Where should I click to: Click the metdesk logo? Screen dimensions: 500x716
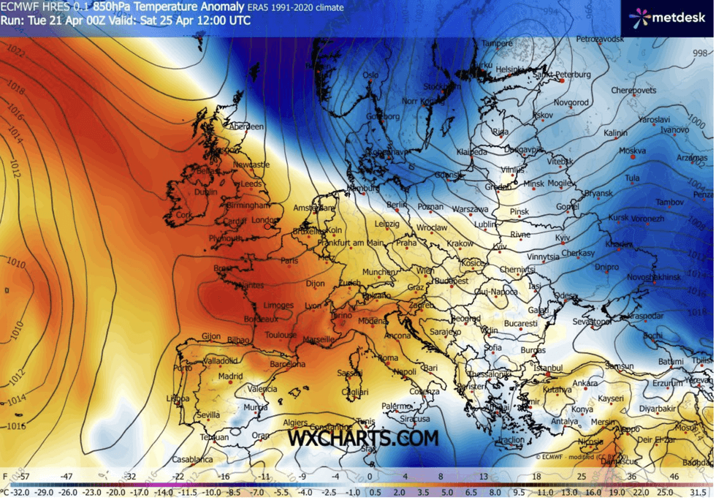tap(666, 17)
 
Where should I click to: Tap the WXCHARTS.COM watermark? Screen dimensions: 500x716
tap(362, 438)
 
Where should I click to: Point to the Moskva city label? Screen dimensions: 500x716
tap(633, 151)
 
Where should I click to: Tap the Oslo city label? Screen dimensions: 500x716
tap(371, 75)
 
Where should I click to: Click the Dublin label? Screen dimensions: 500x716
tap(206, 192)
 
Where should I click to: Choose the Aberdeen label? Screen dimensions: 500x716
tap(246, 126)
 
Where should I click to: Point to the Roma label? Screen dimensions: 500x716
tap(388, 357)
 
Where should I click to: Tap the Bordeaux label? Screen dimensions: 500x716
tap(261, 319)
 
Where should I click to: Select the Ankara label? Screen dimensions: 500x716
tap(585, 383)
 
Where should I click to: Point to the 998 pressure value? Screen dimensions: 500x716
tap(700, 53)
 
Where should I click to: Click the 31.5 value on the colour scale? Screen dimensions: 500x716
tap(701, 493)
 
